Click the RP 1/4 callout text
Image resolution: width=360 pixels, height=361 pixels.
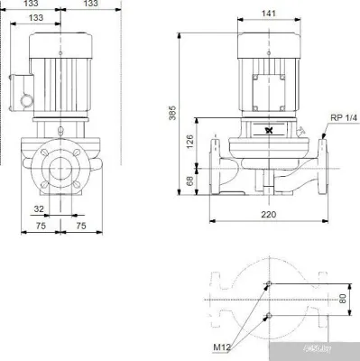tap(342, 117)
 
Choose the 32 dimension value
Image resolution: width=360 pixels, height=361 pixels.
tap(38, 208)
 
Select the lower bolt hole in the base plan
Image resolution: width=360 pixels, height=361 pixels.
tap(268, 315)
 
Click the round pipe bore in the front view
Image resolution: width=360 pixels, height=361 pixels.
tap(60, 169)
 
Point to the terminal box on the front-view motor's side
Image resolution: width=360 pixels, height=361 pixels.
tap(23, 89)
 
